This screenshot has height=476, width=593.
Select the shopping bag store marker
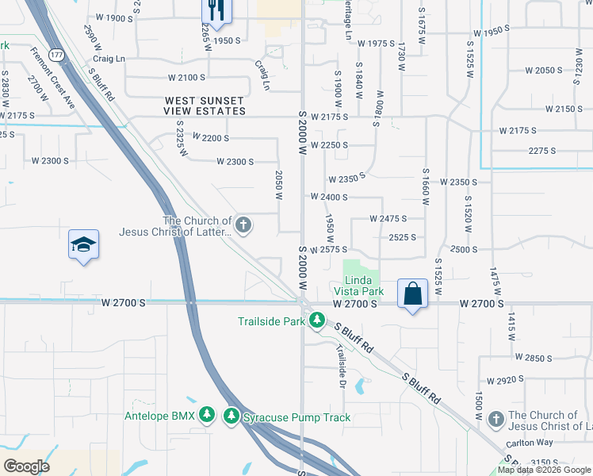tap(413, 294)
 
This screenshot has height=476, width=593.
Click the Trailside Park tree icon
tap(317, 321)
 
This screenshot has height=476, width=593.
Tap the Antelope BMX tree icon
tap(207, 416)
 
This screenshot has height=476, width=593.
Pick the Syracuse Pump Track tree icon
tap(232, 416)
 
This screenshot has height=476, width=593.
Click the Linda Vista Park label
tap(364, 286)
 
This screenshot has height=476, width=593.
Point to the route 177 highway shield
tap(55, 55)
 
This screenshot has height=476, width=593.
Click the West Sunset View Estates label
tap(205, 106)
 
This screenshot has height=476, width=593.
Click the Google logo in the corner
tap(27, 466)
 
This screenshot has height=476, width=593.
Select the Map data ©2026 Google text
tap(544, 470)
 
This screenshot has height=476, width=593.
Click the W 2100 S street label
tap(186, 78)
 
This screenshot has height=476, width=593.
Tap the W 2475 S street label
tap(388, 218)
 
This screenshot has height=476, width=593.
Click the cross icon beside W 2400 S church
tap(243, 226)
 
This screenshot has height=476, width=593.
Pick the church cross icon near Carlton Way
tap(496, 418)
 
